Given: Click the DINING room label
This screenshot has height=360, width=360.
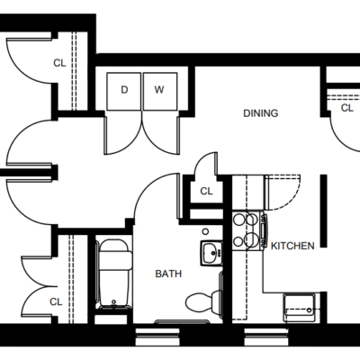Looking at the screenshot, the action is [261, 113].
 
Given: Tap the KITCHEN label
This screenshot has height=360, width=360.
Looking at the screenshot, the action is [292, 246].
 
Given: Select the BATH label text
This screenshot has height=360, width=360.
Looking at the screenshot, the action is [168, 274].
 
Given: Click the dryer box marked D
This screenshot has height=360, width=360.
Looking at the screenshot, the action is [124, 91].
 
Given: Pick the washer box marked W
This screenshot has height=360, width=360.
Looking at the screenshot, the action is [160, 91].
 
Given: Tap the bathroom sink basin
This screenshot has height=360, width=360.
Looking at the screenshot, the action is [211, 253].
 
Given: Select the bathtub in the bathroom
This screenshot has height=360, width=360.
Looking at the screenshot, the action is [114, 274].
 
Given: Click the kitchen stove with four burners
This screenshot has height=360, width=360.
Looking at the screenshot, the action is [249, 230].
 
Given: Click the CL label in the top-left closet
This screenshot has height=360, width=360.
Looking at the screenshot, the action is [59, 63].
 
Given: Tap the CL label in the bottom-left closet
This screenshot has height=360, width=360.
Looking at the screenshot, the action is [56, 301].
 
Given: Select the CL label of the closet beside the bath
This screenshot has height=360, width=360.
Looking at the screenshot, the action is [206, 191].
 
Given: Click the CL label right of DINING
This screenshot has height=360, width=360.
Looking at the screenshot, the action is [347, 108].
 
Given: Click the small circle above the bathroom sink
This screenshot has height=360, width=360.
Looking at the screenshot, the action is [205, 231].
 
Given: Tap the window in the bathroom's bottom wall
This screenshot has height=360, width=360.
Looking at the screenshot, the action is [157, 337].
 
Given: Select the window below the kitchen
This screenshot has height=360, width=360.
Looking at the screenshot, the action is [266, 337].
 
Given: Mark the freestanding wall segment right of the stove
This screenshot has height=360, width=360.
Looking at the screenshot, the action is [323, 211].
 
